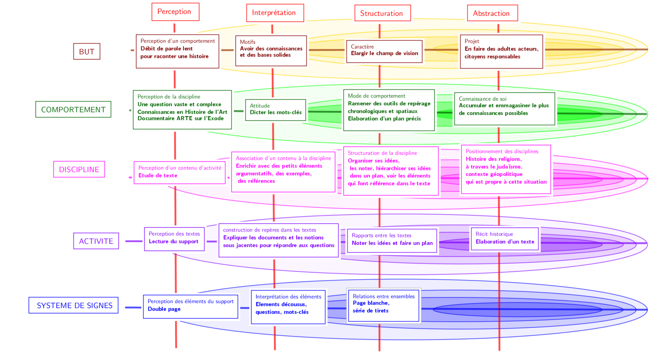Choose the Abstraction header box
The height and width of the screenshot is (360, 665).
coord(492,13)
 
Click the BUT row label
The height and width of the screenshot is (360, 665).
coord(87,51)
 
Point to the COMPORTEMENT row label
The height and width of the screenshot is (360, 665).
coord(73,110)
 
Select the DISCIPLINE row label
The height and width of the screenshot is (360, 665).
coord(79,169)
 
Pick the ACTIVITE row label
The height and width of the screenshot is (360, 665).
coord(96,241)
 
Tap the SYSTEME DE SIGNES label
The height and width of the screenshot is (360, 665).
coord(74,305)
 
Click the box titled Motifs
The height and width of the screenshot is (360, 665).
coord(271,51)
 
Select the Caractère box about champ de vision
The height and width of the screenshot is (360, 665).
coord(384,51)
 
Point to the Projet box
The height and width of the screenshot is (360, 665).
coord(501,51)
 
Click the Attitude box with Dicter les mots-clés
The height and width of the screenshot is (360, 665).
coord(275,110)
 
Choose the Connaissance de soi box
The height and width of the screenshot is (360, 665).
coord(504,108)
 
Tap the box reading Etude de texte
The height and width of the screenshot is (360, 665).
coord(180,172)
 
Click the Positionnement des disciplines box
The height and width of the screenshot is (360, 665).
coord(506,169)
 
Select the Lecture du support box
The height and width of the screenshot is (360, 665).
coord(174,238)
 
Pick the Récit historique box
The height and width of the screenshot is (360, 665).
coord(504,239)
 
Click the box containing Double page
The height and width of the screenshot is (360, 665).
coord(190,306)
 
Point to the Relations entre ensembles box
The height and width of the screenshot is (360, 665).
coord(383,305)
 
